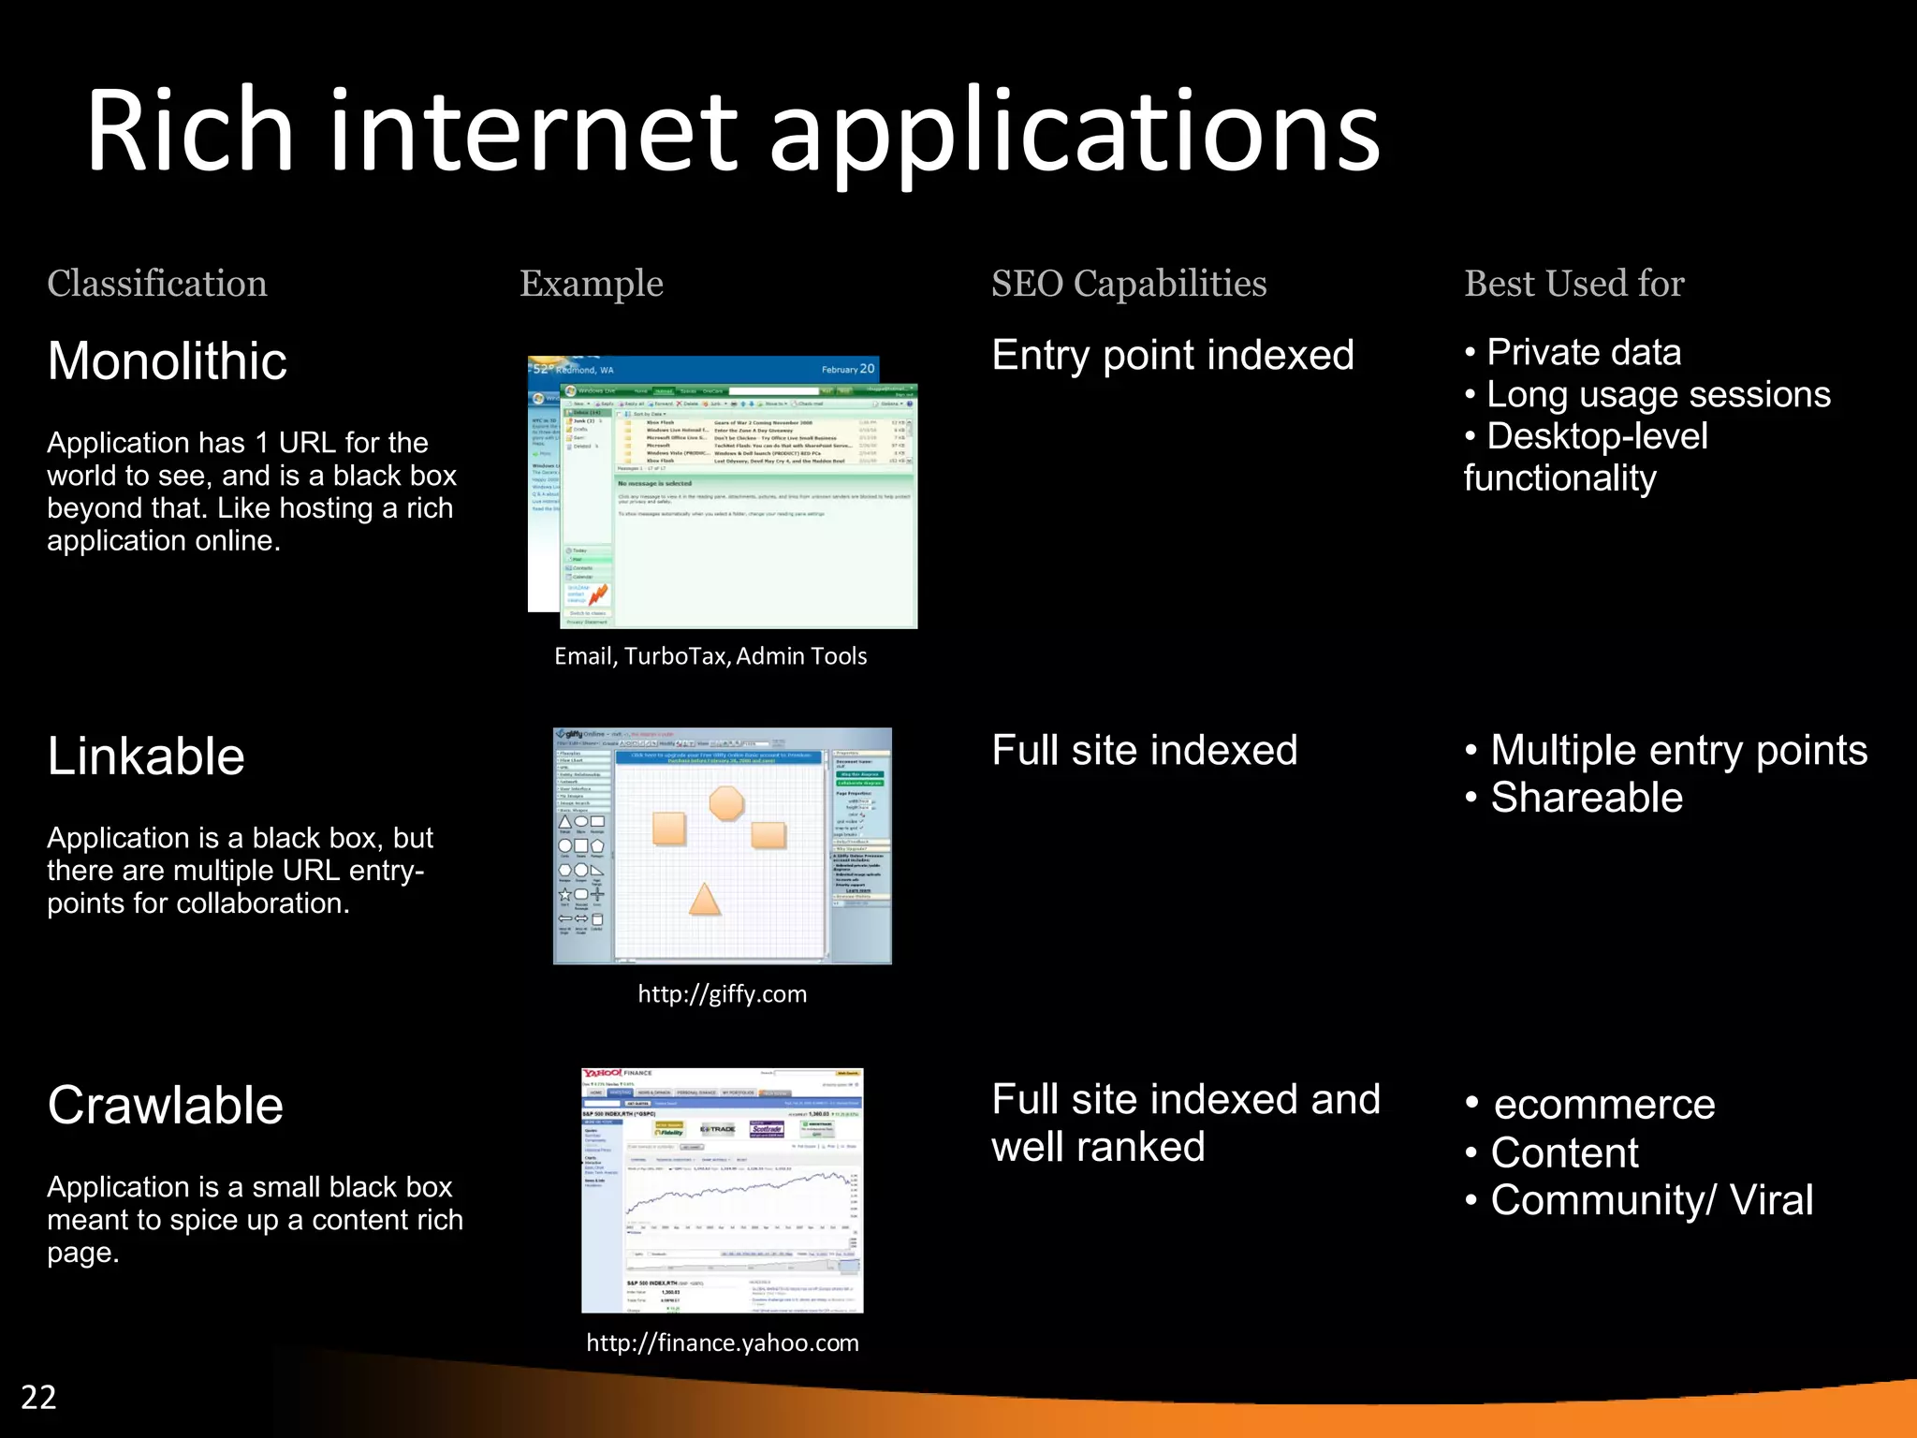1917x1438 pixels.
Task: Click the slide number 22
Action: click(38, 1397)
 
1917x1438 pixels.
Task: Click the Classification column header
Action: click(157, 284)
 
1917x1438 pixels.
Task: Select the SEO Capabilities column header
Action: click(1129, 284)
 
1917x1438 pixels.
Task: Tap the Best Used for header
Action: click(1573, 284)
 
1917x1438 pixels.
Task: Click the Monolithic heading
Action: click(167, 360)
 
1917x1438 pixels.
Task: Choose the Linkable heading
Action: click(146, 756)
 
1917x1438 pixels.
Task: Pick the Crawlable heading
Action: click(165, 1105)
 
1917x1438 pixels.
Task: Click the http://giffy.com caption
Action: click(722, 994)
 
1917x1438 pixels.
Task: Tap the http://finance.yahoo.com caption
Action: click(722, 1343)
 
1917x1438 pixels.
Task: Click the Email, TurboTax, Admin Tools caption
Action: click(710, 656)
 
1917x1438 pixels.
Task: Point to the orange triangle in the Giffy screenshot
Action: click(705, 900)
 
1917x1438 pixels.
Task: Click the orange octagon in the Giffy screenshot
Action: click(726, 803)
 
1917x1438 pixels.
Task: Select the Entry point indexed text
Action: click(1172, 356)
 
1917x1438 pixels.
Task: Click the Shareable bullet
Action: click(1586, 798)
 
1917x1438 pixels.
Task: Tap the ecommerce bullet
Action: click(1603, 1105)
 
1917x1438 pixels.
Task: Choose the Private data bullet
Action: click(1583, 353)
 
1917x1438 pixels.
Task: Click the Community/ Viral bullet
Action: click(1651, 1200)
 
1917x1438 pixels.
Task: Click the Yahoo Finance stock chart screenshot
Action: click(722, 1190)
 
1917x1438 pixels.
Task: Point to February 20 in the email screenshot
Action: click(848, 369)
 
